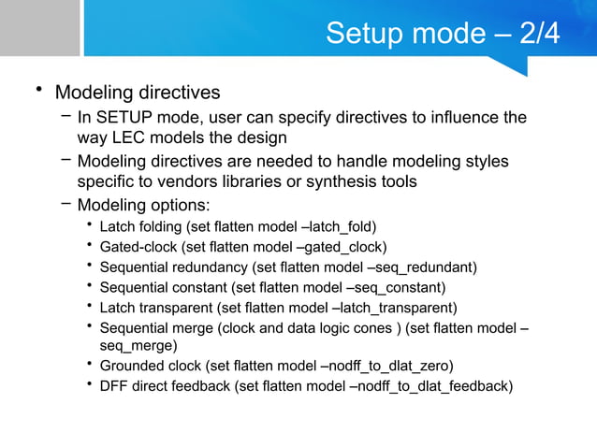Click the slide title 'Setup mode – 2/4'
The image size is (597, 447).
[x=442, y=34]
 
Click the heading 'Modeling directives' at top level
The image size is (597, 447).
[x=138, y=93]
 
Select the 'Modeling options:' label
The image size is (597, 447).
[x=143, y=205]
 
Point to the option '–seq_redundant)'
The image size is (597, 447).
[x=421, y=267]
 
